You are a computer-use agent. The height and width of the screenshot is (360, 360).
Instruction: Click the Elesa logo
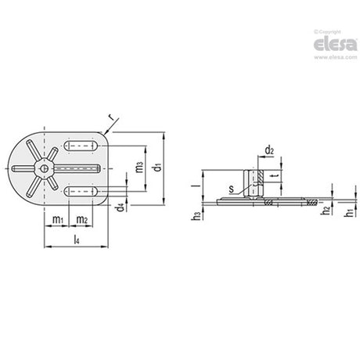point(335,45)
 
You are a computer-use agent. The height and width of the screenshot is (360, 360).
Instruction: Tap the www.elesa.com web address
point(336,57)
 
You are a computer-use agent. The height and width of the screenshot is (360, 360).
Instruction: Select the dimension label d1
point(158,167)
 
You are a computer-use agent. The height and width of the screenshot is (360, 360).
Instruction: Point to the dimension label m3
point(139,167)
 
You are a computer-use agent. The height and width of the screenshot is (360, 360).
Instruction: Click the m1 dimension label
point(58,220)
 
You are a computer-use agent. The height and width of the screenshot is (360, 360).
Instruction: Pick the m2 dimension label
point(82,220)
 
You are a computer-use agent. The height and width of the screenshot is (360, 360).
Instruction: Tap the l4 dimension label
point(77,239)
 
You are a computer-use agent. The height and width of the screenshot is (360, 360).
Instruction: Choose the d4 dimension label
point(120,208)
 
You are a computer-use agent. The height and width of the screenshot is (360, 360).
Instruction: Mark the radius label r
point(112,117)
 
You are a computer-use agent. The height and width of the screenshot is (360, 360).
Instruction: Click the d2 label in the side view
point(269,150)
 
